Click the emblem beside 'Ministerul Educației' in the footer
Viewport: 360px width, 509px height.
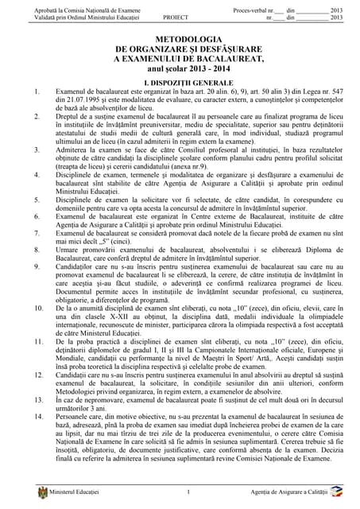click(x=33, y=496)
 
